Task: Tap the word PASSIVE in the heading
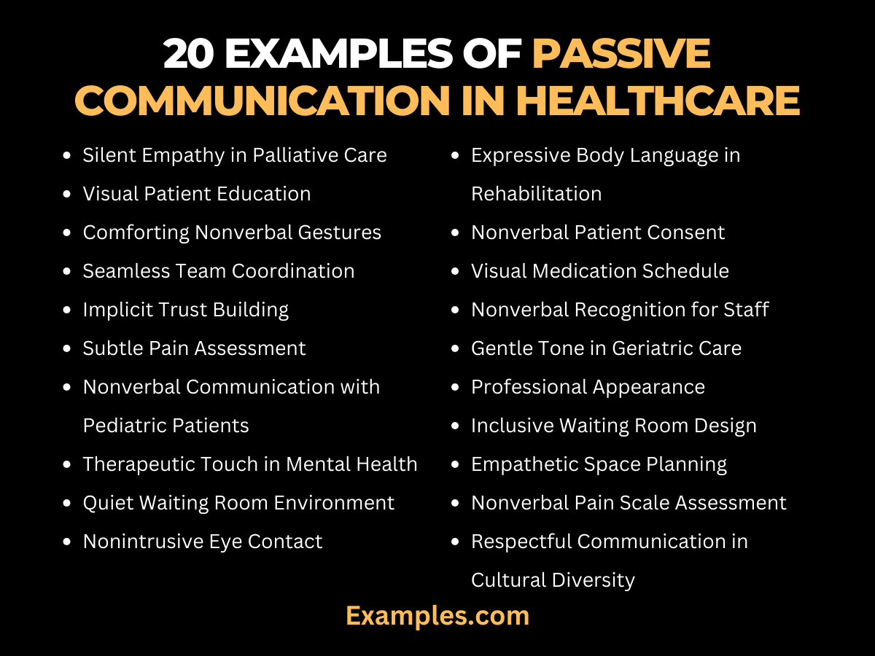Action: pyautogui.click(x=621, y=54)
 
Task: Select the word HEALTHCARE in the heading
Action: pyautogui.click(x=658, y=101)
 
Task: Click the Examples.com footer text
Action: pyautogui.click(x=437, y=616)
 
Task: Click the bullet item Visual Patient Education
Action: pyautogui.click(x=197, y=194)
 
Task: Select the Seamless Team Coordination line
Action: pyautogui.click(x=219, y=271)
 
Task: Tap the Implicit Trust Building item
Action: pyautogui.click(x=186, y=310)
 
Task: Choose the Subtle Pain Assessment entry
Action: pyautogui.click(x=195, y=348)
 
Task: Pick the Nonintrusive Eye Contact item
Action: pyautogui.click(x=203, y=542)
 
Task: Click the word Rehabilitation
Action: pyautogui.click(x=537, y=194)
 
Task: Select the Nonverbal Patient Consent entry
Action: pyautogui.click(x=598, y=233)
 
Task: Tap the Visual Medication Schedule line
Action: pyautogui.click(x=600, y=271)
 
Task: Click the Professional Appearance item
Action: pyautogui.click(x=588, y=387)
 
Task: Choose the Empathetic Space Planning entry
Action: pyautogui.click(x=599, y=464)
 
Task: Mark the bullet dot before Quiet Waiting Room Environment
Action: pyautogui.click(x=68, y=504)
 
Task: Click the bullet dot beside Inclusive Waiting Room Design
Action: pyautogui.click(x=456, y=426)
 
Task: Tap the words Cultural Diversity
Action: pyautogui.click(x=553, y=580)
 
